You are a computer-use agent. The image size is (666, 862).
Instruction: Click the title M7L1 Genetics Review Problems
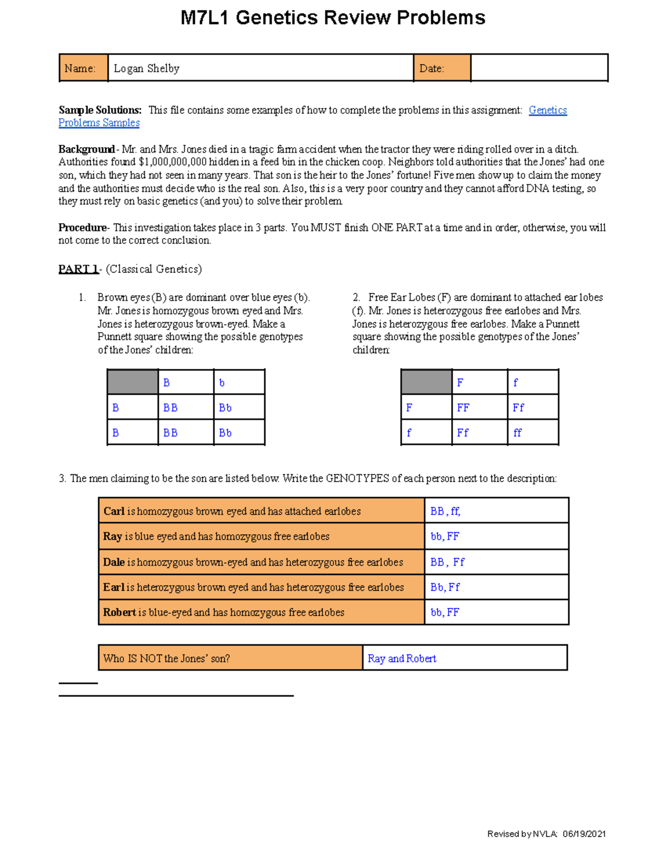(332, 18)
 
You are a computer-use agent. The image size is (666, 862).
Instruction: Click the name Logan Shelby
(147, 68)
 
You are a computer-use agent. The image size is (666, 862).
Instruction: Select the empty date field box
(539, 68)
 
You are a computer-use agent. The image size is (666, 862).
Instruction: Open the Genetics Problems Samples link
(547, 110)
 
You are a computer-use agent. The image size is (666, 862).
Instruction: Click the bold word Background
(86, 149)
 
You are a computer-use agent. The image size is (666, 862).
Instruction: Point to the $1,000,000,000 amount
(172, 162)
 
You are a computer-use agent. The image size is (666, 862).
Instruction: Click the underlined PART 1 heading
(78, 269)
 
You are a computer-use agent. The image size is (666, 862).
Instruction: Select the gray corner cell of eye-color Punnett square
(133, 382)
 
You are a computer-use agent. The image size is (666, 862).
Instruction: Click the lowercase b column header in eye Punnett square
(222, 383)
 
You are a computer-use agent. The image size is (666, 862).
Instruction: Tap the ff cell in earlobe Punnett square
(517, 433)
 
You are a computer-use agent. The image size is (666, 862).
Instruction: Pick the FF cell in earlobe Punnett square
(463, 408)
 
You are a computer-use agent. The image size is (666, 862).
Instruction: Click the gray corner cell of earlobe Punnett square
(426, 382)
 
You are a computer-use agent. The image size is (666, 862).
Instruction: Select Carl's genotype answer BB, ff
(445, 511)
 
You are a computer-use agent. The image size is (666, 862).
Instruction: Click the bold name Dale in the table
(114, 562)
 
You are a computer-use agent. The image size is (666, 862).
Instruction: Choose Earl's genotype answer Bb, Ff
(445, 587)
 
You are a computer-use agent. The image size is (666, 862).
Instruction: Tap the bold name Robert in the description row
(119, 612)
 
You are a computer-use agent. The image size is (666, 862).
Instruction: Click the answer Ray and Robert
(402, 658)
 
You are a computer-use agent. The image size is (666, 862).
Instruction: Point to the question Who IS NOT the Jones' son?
(167, 658)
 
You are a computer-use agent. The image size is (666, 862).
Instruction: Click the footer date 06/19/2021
(584, 834)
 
